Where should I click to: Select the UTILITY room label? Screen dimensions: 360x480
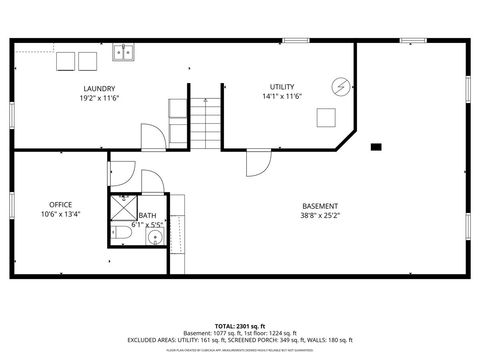point(282,87)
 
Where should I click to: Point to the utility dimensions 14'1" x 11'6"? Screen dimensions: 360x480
point(282,98)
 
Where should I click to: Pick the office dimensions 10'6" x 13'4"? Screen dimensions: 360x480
point(60,214)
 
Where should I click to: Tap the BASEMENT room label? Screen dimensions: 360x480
point(320,206)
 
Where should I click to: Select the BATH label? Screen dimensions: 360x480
point(147,216)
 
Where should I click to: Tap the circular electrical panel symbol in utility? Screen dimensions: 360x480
point(342,87)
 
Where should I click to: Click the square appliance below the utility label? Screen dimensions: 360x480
point(326,117)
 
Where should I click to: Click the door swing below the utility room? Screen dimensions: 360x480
point(258,163)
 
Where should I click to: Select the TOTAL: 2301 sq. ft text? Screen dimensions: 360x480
point(240,326)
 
